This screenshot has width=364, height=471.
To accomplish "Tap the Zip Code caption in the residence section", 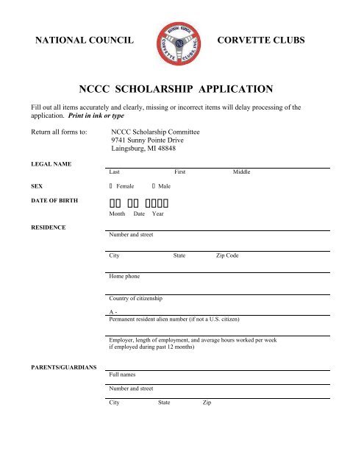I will click(x=226, y=255).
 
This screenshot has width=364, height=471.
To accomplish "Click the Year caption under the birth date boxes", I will click(x=157, y=213).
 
